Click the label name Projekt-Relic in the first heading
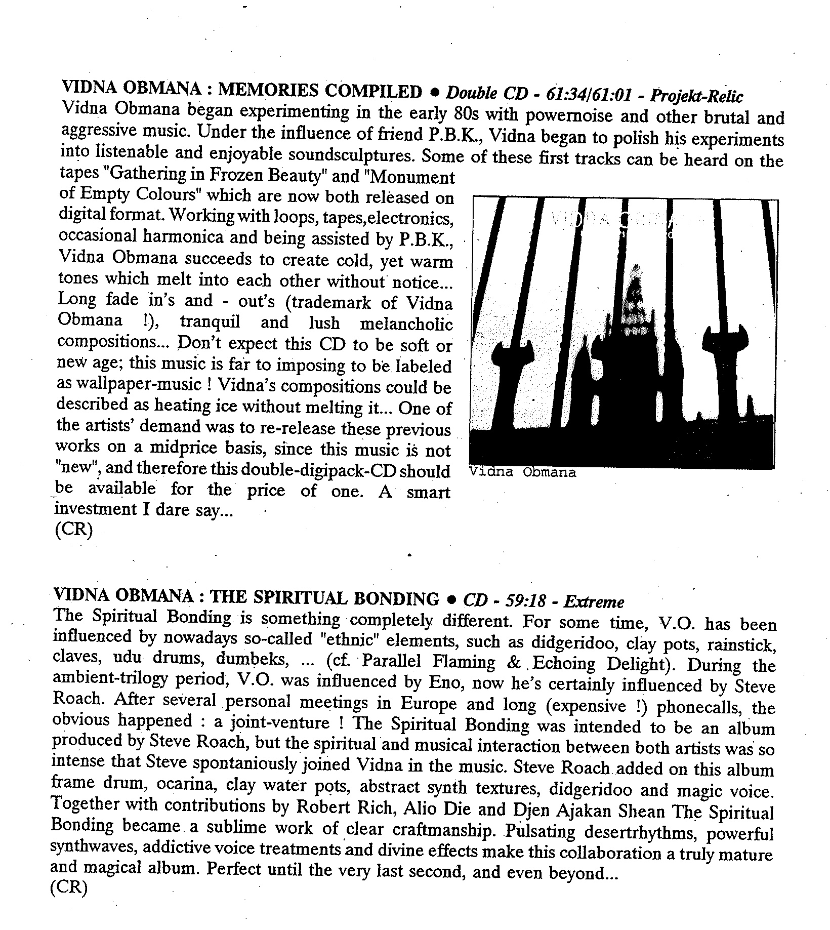[696, 96]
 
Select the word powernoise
[569, 115]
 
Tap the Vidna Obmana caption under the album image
[522, 472]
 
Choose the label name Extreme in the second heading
[594, 602]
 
